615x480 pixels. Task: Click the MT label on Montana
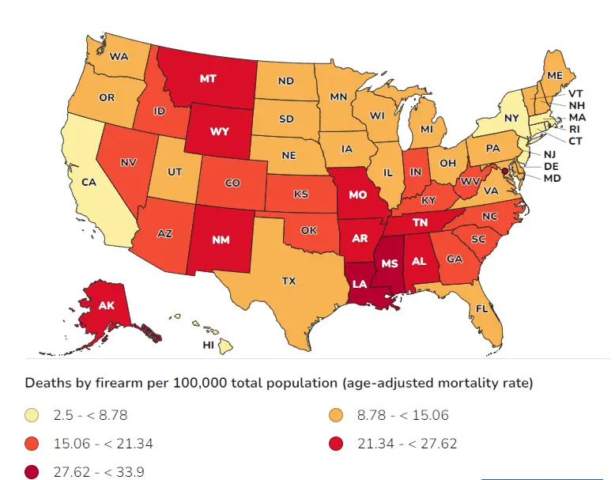click(x=209, y=78)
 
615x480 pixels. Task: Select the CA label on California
click(x=89, y=181)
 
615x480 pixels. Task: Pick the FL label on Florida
click(x=477, y=308)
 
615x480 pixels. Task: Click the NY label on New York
click(x=511, y=118)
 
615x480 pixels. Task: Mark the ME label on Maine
click(x=554, y=75)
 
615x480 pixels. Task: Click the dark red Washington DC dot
click(x=504, y=170)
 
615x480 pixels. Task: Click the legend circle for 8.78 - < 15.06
click(x=335, y=415)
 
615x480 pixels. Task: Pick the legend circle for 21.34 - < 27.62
click(x=335, y=444)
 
